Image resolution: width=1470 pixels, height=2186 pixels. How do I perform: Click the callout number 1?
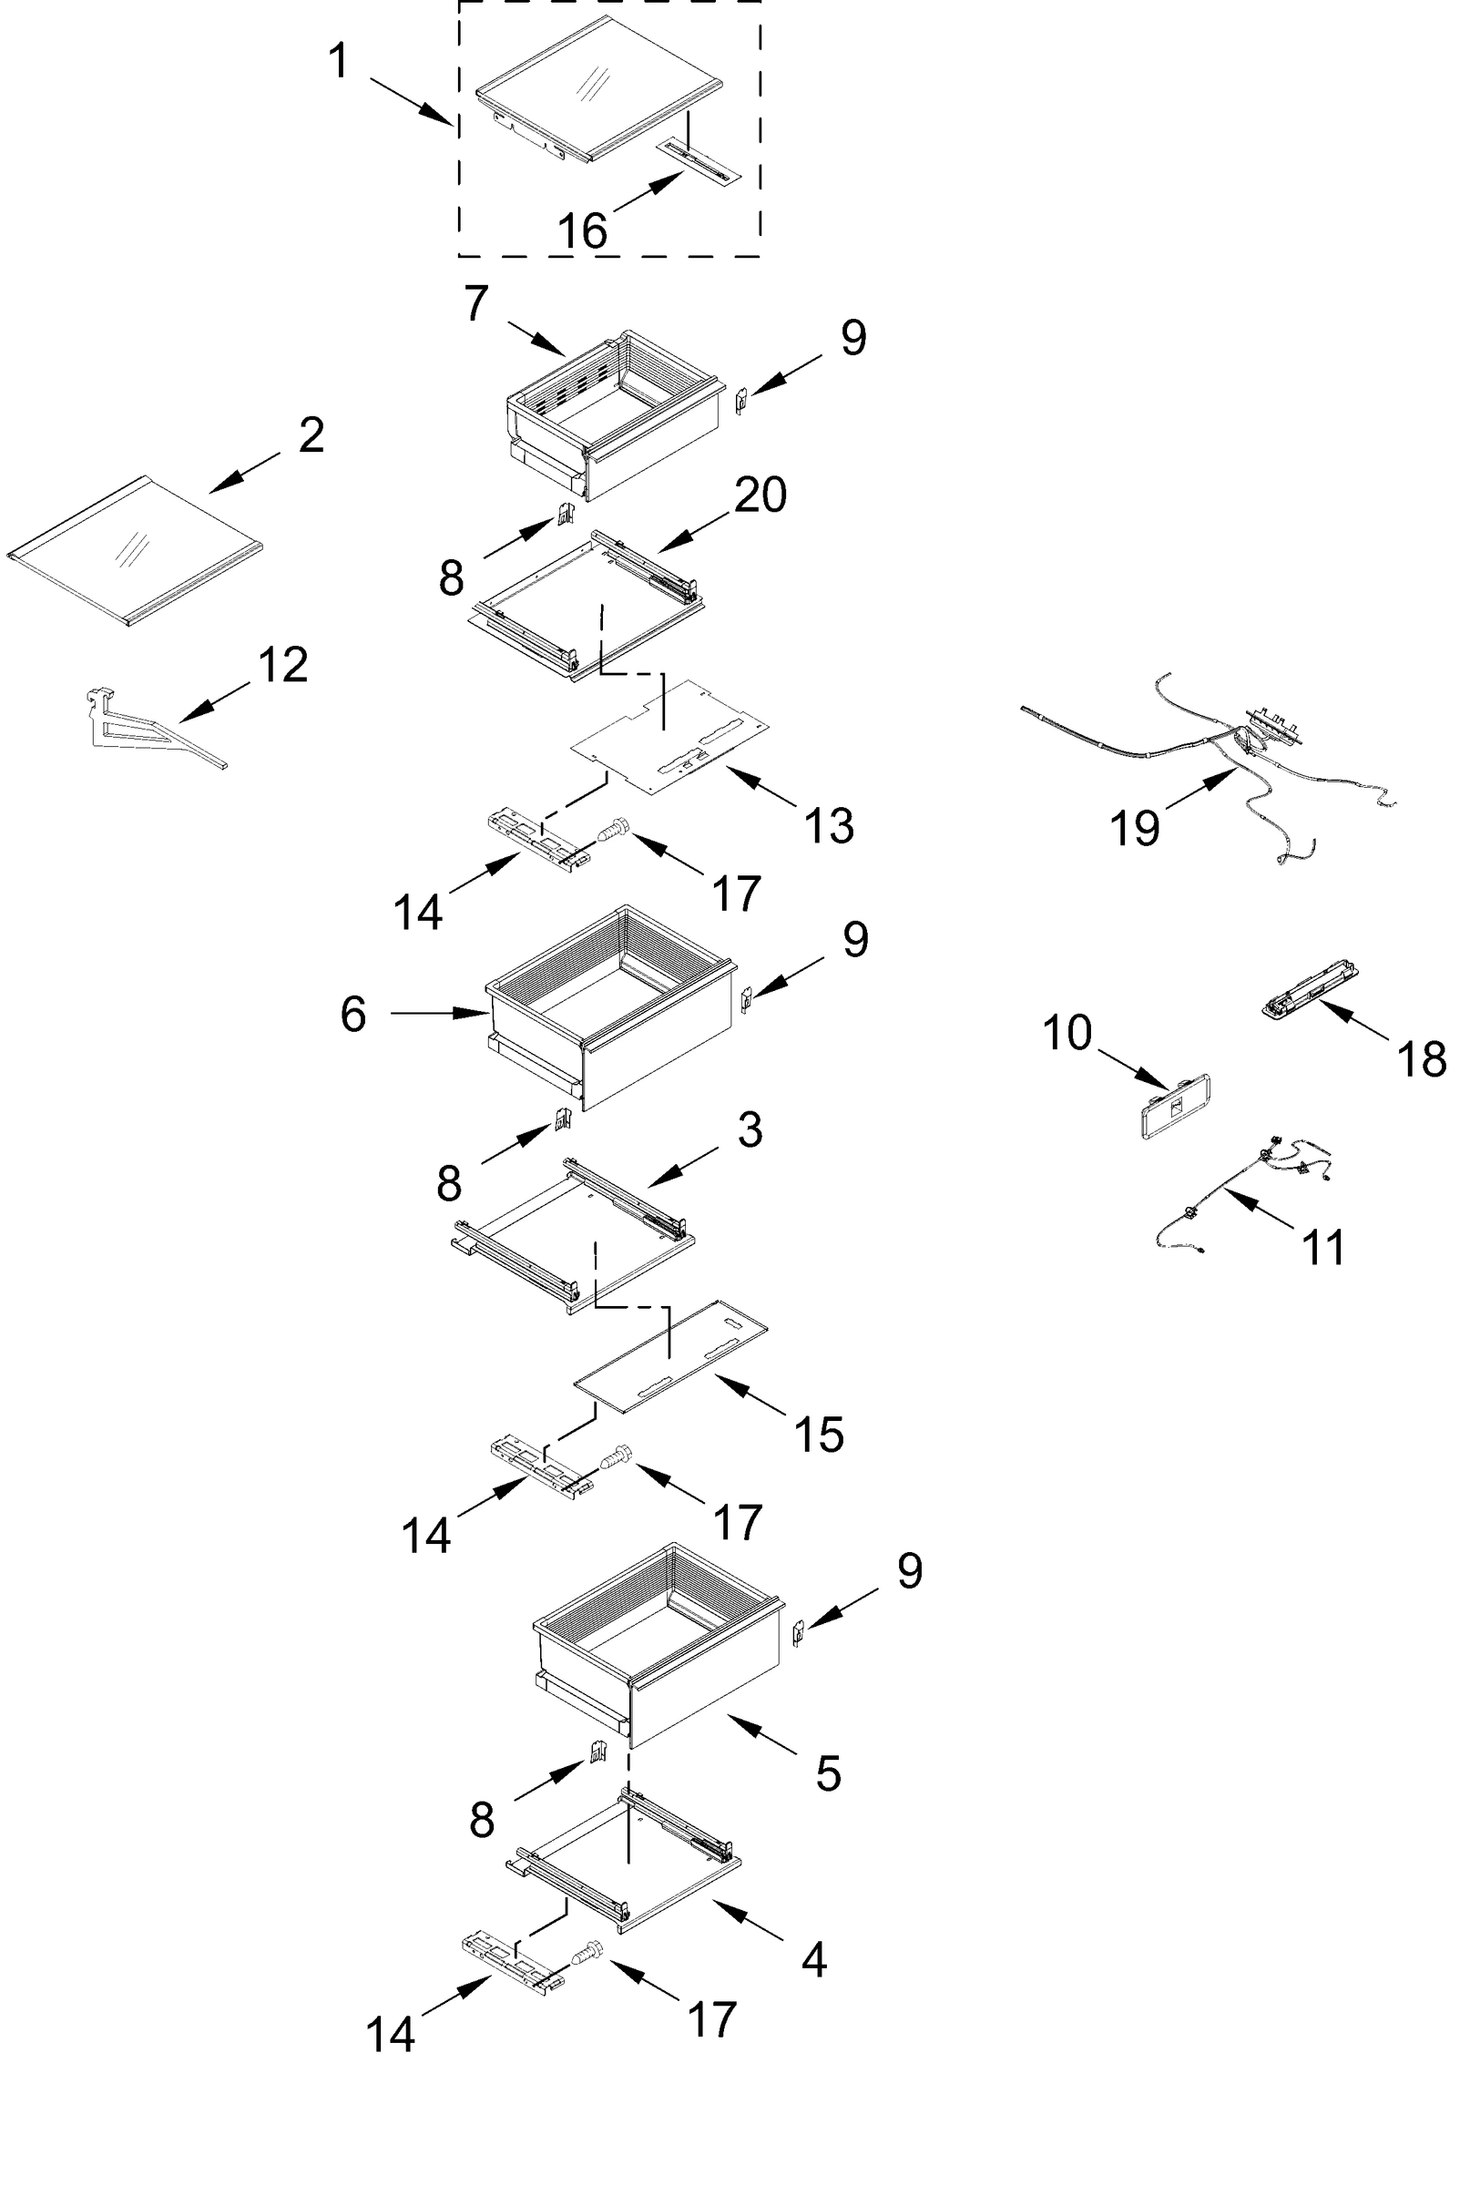click(339, 62)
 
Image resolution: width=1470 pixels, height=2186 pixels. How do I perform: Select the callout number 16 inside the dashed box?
click(582, 230)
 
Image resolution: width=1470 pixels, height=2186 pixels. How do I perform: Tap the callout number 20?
click(760, 494)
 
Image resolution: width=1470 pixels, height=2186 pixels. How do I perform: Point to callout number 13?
click(829, 826)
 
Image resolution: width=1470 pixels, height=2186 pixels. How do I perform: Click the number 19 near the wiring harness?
click(1134, 829)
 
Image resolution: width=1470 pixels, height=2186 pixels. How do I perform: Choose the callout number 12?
click(282, 665)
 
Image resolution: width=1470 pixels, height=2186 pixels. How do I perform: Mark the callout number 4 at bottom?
click(813, 1959)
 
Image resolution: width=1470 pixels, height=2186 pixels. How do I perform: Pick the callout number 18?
click(1421, 1059)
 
